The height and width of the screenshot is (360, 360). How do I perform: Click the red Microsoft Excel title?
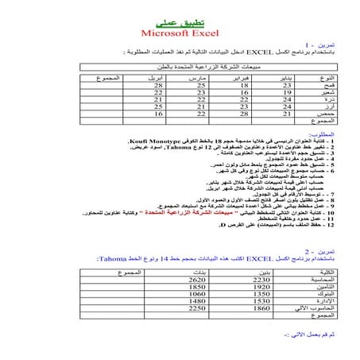pyautogui.click(x=179, y=33)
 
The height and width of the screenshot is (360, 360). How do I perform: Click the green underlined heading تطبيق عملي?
pyautogui.click(x=179, y=21)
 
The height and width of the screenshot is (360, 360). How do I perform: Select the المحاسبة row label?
pyautogui.click(x=326, y=281)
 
